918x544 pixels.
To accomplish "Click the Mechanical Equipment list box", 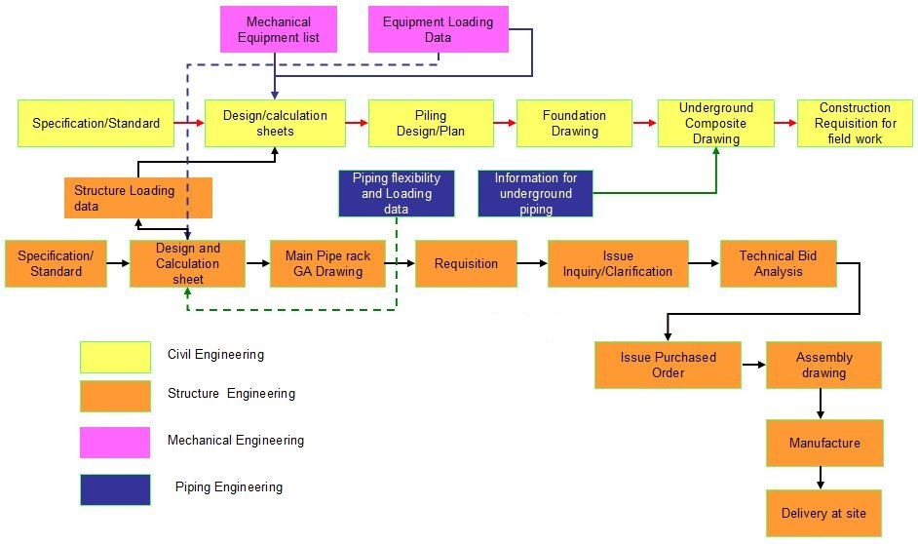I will point(278,29).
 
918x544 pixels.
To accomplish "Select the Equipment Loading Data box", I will point(438,29).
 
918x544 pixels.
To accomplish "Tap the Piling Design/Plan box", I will point(430,123).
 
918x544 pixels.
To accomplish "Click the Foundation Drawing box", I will point(574,123).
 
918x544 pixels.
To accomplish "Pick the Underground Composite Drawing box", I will point(715,123).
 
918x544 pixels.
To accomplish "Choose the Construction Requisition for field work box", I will point(855,123).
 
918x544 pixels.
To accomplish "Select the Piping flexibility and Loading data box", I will point(396,193).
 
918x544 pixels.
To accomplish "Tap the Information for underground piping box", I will point(535,193).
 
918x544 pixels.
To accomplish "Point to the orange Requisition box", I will point(466,263).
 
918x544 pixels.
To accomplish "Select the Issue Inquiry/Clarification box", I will point(617,263).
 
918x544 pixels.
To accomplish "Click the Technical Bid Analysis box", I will point(778,263).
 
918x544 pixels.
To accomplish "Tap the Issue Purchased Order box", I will point(668,365).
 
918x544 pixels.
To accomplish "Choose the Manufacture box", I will point(823,443).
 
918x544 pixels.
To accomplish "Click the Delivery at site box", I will point(823,513).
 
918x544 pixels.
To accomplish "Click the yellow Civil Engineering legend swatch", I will point(115,357).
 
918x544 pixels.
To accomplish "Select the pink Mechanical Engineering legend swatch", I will point(115,442).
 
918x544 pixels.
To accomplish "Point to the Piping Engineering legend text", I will point(229,487).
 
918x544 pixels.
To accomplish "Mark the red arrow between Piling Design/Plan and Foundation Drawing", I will point(504,123).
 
